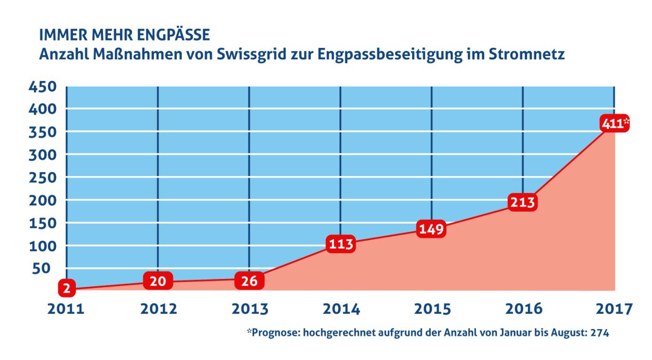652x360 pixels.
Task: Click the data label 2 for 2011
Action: click(x=67, y=288)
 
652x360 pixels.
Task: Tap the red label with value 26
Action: click(x=249, y=281)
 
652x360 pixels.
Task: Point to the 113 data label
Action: click(x=340, y=244)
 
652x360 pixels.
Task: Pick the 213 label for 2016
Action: click(x=522, y=202)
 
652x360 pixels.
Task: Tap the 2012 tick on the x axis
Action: click(x=159, y=309)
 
